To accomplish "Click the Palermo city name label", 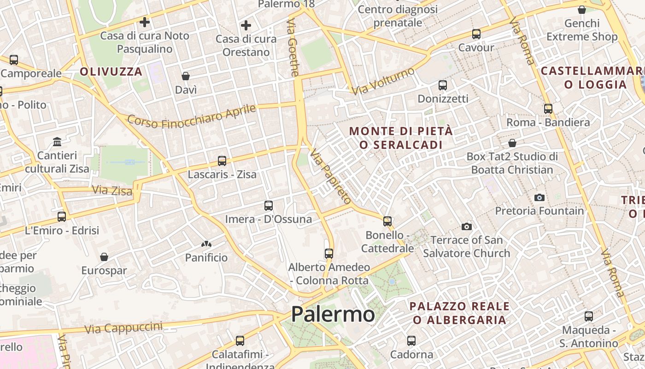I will coord(333,315).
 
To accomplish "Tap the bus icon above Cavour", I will coord(476,34).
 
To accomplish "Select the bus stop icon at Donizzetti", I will coord(442,85).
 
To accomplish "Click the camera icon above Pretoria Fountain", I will coord(539,197).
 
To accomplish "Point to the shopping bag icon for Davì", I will coord(186,76).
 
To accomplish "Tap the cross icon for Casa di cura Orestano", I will coord(246,25).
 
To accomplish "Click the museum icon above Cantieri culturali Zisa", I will coord(57,141).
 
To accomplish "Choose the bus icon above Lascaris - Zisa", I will coord(222,161).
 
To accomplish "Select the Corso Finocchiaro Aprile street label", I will coord(191,116).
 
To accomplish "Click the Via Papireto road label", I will coord(330,176).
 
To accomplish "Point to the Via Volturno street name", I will coord(383,81).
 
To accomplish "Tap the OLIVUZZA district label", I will coord(111,71).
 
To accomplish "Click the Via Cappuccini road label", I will coord(123,327).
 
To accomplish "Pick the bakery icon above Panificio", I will coord(206,244).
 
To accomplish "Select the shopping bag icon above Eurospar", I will coord(104,257).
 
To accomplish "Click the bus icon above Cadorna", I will coord(411,341).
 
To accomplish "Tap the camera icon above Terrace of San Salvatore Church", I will coord(466,226).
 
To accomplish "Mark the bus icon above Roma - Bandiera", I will coord(548,109).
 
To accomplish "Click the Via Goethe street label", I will coord(293,47).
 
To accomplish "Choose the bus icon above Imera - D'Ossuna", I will coord(268,206).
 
